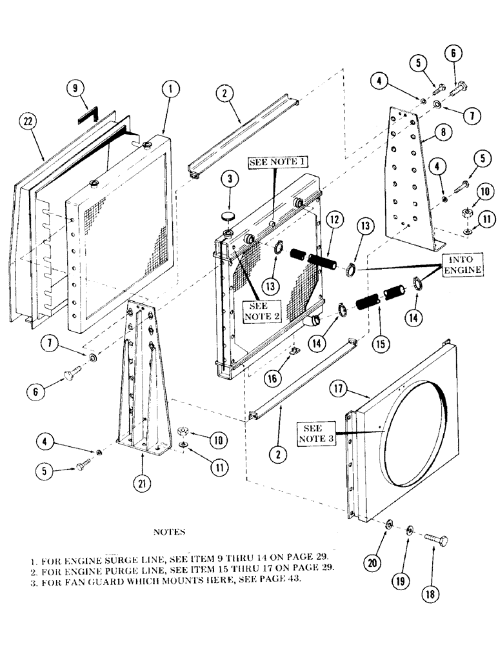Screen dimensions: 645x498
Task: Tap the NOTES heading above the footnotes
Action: [170, 532]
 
